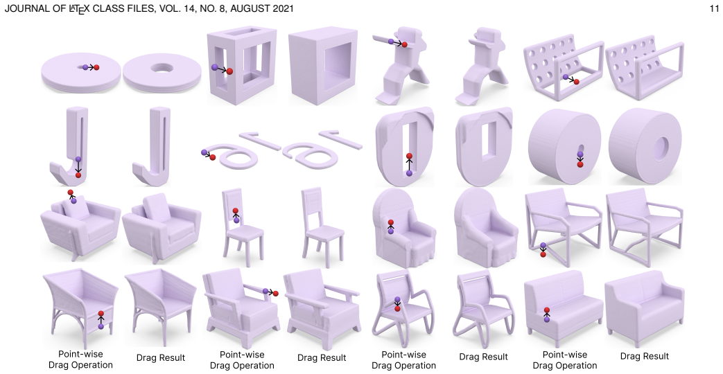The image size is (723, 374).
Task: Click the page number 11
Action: pyautogui.click(x=714, y=8)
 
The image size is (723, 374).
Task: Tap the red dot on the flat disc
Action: pyautogui.click(x=96, y=67)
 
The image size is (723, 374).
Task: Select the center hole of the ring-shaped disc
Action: pyautogui.click(x=161, y=68)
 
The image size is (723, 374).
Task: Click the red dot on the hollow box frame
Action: pyautogui.click(x=229, y=71)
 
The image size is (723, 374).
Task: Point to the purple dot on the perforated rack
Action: pyautogui.click(x=566, y=77)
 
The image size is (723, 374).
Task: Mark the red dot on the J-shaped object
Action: pyautogui.click(x=78, y=175)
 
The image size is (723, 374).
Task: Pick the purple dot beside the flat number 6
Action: pyautogui.click(x=204, y=152)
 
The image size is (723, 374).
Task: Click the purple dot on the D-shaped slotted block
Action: pyautogui.click(x=409, y=173)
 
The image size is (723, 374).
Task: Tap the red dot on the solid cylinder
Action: pyautogui.click(x=580, y=164)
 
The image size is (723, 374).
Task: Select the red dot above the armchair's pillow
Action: pyautogui.click(x=70, y=193)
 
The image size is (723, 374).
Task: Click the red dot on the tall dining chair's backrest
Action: pyautogui.click(x=236, y=211)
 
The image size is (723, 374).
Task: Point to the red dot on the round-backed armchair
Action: pyautogui.click(x=390, y=223)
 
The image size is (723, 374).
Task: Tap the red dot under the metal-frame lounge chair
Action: pyautogui.click(x=543, y=254)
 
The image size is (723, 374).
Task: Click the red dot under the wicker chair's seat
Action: pyautogui.click(x=101, y=314)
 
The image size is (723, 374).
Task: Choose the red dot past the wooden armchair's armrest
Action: pyautogui.click(x=276, y=294)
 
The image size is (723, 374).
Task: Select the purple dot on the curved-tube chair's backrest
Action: pyautogui.click(x=397, y=299)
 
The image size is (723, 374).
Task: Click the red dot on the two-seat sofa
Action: pyautogui.click(x=547, y=310)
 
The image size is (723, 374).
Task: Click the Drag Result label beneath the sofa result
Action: pyautogui.click(x=644, y=356)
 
